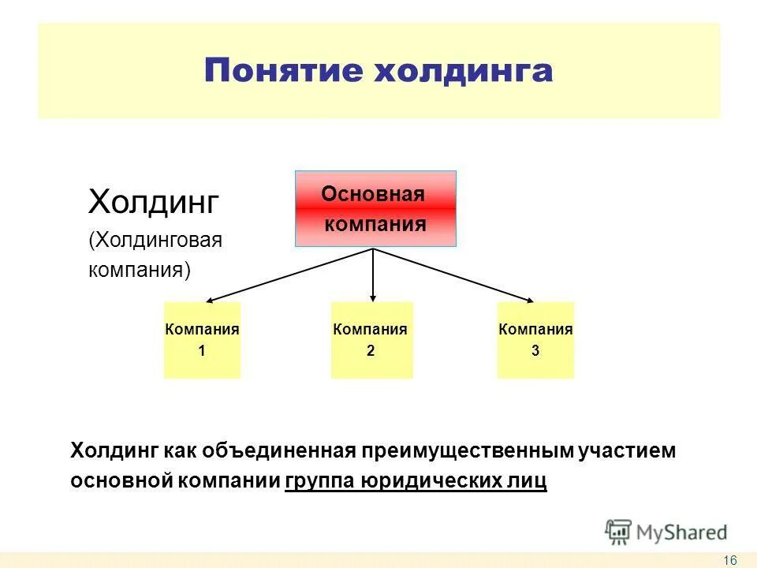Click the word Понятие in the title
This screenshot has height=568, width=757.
tap(282, 71)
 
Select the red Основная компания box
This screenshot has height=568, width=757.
tap(375, 209)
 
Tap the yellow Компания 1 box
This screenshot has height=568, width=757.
tap(202, 340)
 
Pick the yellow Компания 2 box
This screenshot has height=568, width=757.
tap(371, 340)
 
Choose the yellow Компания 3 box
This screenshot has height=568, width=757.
tap(535, 340)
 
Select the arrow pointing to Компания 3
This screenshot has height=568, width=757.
tap(454, 275)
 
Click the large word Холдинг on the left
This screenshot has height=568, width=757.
tap(153, 202)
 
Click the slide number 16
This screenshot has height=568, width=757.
tap(729, 560)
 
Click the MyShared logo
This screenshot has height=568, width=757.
tap(666, 532)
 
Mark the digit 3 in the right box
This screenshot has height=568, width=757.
tap(535, 352)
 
